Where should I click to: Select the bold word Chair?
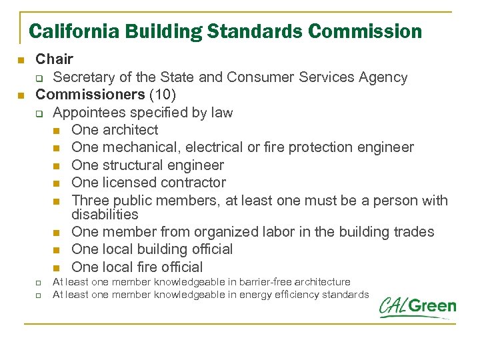54,60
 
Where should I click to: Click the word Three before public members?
90,200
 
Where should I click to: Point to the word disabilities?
105,215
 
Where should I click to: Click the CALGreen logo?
417,307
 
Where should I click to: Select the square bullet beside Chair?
20,61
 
